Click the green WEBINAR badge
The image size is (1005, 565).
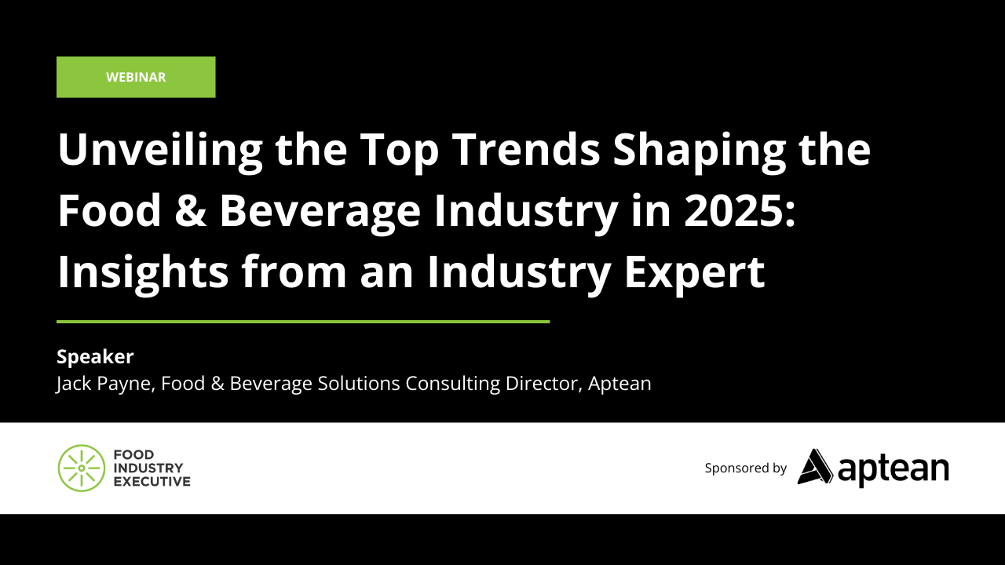click(x=136, y=77)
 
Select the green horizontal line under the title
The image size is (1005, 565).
click(x=303, y=322)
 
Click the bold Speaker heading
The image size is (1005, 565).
click(x=95, y=357)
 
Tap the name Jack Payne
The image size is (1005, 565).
click(x=104, y=385)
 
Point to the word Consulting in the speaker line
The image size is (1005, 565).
click(x=455, y=385)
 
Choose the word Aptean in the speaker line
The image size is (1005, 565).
click(x=620, y=385)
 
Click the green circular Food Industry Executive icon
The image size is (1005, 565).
click(x=81, y=468)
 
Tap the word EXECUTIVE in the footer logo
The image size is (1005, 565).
click(x=152, y=481)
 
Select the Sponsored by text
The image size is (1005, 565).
click(x=745, y=468)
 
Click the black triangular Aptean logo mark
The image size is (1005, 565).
click(x=815, y=467)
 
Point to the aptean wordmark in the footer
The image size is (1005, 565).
click(x=894, y=468)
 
